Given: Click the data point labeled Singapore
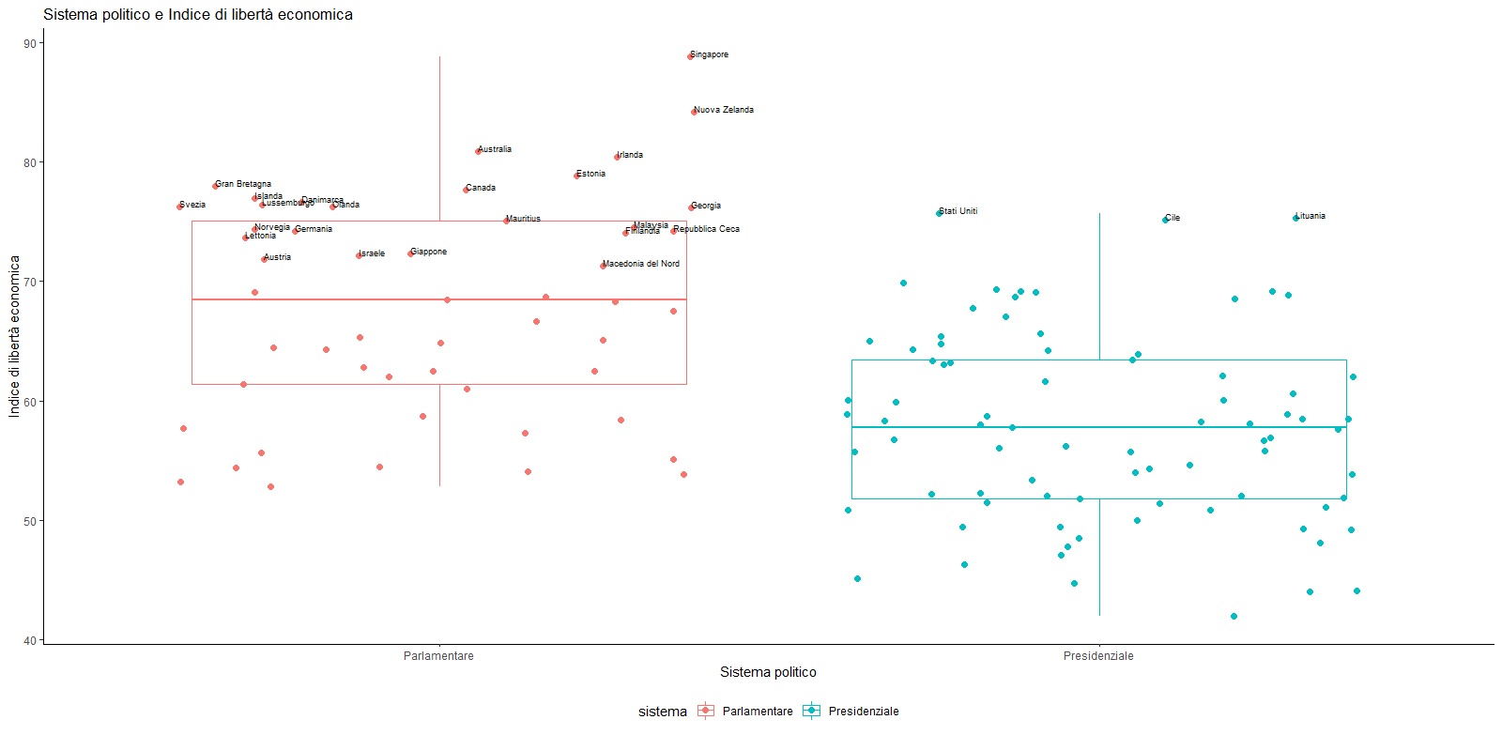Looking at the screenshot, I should point(690,56).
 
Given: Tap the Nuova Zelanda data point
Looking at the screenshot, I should point(694,112).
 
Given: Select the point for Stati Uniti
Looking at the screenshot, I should point(939,213).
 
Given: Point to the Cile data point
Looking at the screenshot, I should point(1165,220).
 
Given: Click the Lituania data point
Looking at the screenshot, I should point(1295,218).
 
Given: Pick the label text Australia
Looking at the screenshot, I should point(495,149).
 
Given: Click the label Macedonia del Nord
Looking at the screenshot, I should point(641,264).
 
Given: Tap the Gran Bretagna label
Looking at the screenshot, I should point(243,184).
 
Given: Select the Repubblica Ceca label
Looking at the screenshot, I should point(707,229).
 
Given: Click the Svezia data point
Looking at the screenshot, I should point(180,206).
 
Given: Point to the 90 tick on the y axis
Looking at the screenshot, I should point(30,43).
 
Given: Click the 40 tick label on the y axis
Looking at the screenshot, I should point(30,640).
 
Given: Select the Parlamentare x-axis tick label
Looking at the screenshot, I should point(438,656).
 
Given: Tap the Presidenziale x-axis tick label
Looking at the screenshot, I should point(1098,656).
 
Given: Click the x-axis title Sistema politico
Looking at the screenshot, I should point(768,672).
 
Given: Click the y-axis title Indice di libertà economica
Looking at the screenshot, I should point(14,336).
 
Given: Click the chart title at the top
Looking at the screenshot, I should point(198,14).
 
